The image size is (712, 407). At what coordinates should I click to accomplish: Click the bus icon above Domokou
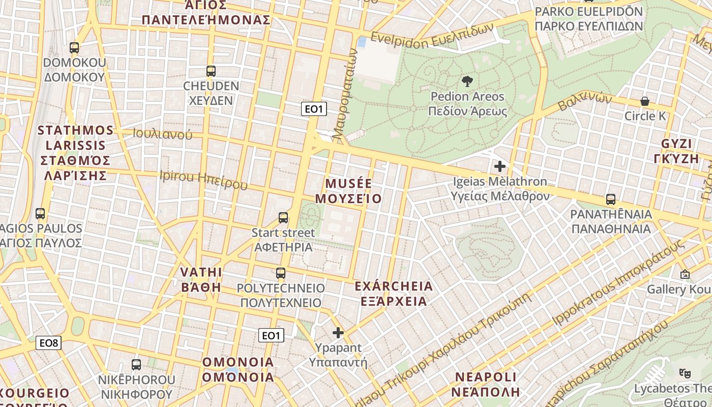pos(74,48)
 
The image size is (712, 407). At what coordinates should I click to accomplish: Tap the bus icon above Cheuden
pos(211,71)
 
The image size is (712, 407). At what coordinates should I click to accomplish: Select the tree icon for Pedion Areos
pos(466,81)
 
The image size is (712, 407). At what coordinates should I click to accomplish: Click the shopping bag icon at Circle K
pos(645,101)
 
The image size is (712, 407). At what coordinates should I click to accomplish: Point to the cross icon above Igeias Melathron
pos(500,166)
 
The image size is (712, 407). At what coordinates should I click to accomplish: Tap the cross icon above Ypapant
pos(338,333)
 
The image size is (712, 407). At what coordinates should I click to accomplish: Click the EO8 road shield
pos(49,343)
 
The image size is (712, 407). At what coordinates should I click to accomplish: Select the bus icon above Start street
pos(283,218)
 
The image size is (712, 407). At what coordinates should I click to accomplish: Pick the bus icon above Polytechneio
pos(281,273)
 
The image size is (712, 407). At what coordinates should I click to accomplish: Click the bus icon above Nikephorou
pos(136,365)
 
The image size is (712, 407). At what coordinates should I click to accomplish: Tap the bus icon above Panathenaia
pos(611,199)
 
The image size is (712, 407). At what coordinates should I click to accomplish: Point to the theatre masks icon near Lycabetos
pos(685,374)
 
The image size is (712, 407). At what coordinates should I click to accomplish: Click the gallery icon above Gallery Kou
pos(685,275)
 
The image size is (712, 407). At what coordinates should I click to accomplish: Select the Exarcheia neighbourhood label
pos(394,294)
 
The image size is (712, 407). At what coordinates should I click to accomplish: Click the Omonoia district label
pos(238,370)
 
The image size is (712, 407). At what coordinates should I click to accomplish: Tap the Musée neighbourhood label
pos(348,191)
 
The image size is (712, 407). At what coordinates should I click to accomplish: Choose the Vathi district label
pos(201,279)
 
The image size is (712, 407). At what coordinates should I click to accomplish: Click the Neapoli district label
pos(485,385)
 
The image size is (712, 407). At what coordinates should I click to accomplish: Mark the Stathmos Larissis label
pos(75,153)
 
